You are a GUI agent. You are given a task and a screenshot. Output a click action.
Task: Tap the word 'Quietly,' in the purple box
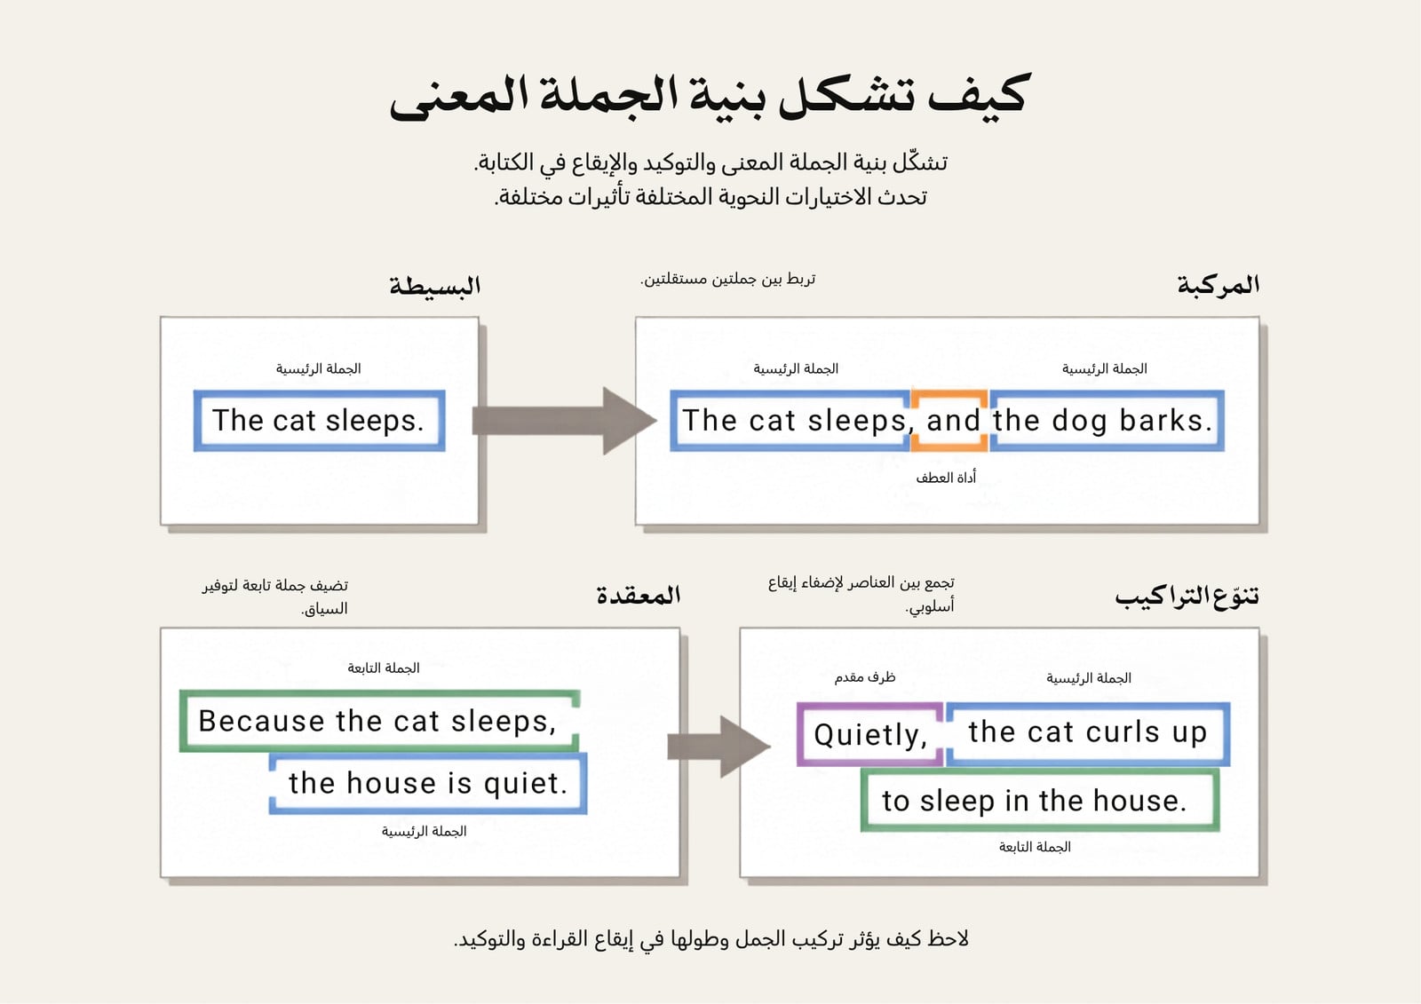(x=870, y=735)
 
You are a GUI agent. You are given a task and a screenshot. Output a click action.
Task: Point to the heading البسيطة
(x=434, y=286)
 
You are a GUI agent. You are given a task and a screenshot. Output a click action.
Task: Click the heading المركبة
(x=1218, y=285)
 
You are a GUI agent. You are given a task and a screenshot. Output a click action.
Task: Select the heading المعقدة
(x=639, y=595)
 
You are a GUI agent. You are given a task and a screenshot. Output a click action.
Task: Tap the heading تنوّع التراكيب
(x=1187, y=597)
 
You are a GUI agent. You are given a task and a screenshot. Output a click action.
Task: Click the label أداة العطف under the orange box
(x=946, y=478)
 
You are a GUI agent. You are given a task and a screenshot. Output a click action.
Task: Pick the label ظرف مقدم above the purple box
(x=865, y=677)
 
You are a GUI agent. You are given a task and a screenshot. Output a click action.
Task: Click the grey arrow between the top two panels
(x=564, y=421)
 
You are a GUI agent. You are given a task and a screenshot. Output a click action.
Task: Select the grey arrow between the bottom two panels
(x=718, y=747)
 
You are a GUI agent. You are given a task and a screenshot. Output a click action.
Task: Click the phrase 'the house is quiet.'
(x=427, y=783)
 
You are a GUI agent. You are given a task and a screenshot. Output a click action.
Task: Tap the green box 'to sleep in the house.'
(x=1040, y=800)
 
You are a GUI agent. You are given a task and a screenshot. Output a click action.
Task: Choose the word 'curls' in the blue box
(x=1123, y=731)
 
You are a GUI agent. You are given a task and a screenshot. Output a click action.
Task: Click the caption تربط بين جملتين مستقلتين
(x=727, y=279)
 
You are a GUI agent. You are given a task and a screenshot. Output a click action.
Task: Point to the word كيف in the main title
(x=978, y=95)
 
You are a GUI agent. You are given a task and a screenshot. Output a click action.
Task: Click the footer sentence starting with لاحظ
(x=711, y=938)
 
